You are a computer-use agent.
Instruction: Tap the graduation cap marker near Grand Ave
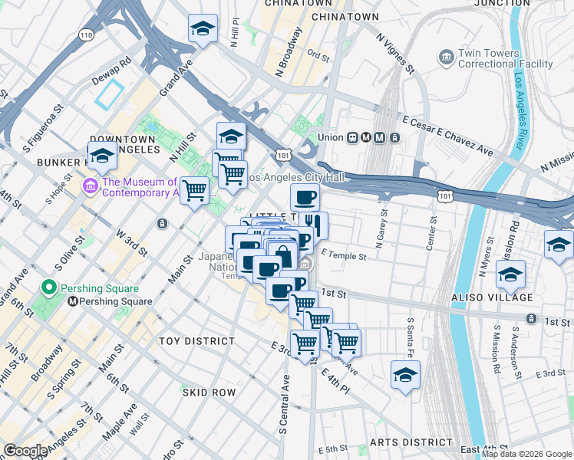(203, 29)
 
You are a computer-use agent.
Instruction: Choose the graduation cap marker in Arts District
(405, 376)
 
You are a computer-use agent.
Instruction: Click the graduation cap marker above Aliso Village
(510, 274)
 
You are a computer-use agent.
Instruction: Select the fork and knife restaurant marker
(314, 225)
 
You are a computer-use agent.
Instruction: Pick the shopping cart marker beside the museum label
(195, 189)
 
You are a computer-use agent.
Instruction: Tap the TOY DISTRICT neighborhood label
(196, 340)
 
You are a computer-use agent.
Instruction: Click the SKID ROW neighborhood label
(209, 392)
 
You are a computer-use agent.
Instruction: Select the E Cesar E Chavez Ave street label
(447, 136)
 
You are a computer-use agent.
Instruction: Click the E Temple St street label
(344, 253)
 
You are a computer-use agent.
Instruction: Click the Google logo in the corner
(25, 451)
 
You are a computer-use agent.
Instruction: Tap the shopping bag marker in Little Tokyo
(282, 255)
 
